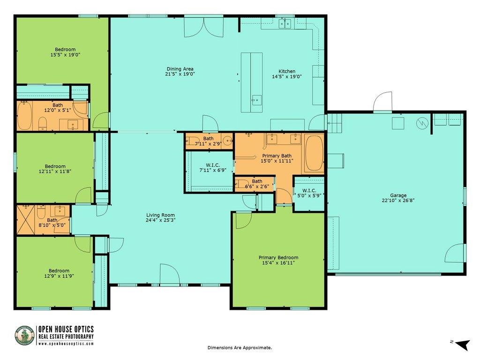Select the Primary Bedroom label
pos(278,257)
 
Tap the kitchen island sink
pos(256,99)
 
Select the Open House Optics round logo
pos(24,336)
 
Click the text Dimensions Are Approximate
pos(240,348)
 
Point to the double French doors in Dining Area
pos(203,27)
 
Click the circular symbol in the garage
pos(423,123)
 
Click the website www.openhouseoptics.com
pos(66,344)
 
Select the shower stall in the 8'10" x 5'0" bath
pos(26,219)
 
